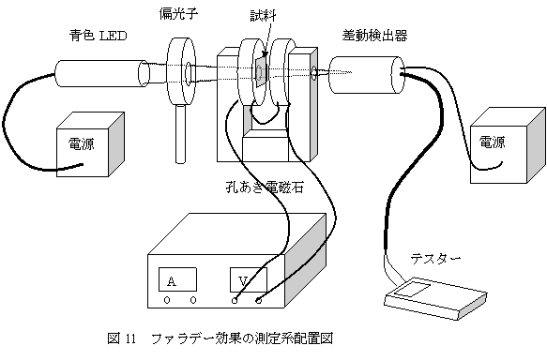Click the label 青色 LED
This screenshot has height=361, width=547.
(x=98, y=36)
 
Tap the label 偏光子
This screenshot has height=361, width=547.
(x=178, y=14)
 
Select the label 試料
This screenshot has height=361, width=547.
(x=263, y=16)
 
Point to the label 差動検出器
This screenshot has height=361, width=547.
(x=374, y=36)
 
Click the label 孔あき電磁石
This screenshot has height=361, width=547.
(x=265, y=188)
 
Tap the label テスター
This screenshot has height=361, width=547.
(x=435, y=259)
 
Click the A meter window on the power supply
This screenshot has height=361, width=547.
(x=177, y=279)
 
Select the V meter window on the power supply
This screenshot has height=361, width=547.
(x=249, y=279)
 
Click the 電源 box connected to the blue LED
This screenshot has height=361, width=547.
(x=90, y=144)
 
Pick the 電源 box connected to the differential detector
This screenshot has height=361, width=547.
(x=508, y=145)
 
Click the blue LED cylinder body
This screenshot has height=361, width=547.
(x=101, y=73)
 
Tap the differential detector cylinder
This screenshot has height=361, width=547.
(x=367, y=75)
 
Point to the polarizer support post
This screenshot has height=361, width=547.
(x=180, y=134)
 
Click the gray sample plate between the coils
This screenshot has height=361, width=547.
(x=260, y=71)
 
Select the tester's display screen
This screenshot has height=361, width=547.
(x=414, y=290)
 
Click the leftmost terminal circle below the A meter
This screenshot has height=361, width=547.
(x=167, y=300)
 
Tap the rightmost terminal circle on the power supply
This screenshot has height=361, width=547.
(x=259, y=300)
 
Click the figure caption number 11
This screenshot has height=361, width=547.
(x=129, y=338)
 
